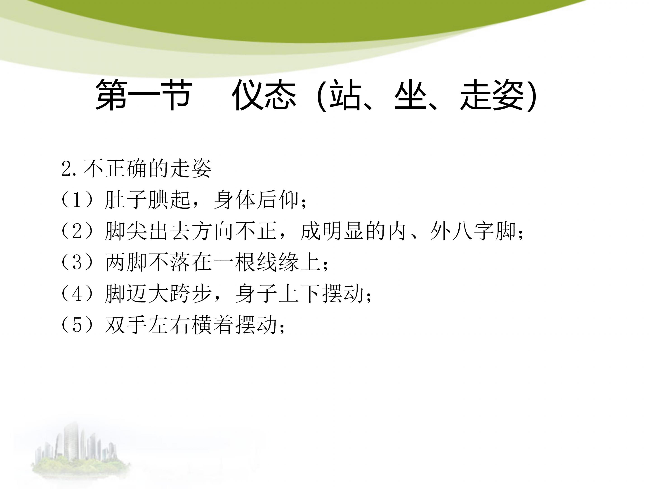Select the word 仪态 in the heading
coord(264,95)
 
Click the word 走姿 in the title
coord(492,95)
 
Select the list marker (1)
coord(77,200)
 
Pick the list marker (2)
coord(77,231)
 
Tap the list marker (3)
coord(77,262)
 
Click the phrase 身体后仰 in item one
coord(256,200)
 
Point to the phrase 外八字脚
coord(473,231)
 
